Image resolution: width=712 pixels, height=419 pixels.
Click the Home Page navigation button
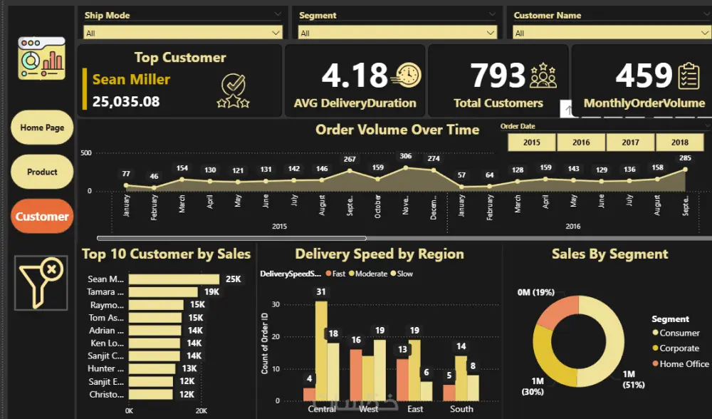pyautogui.click(x=42, y=128)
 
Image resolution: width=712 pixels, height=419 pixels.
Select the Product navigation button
pyautogui.click(x=42, y=172)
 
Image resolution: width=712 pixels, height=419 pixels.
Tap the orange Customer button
pyautogui.click(x=42, y=217)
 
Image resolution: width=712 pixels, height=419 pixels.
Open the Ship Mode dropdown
pyautogui.click(x=183, y=33)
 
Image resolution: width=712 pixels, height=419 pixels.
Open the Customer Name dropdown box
pyautogui.click(x=612, y=33)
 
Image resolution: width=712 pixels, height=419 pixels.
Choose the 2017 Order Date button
pyautogui.click(x=630, y=143)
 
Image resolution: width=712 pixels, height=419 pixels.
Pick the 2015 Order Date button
pyautogui.click(x=531, y=143)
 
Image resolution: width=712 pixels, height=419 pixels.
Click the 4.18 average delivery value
pyautogui.click(x=355, y=75)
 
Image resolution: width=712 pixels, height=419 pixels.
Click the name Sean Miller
pyautogui.click(x=131, y=80)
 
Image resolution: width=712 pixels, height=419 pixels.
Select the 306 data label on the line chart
pyautogui.click(x=406, y=156)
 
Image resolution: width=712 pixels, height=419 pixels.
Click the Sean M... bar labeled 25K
pyautogui.click(x=174, y=279)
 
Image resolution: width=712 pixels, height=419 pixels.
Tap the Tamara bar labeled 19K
pyautogui.click(x=163, y=292)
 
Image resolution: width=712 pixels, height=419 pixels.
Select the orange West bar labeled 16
pyautogui.click(x=356, y=374)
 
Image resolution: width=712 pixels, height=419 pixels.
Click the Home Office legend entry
pyautogui.click(x=684, y=363)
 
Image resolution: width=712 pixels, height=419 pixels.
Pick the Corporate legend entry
pyautogui.click(x=679, y=348)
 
